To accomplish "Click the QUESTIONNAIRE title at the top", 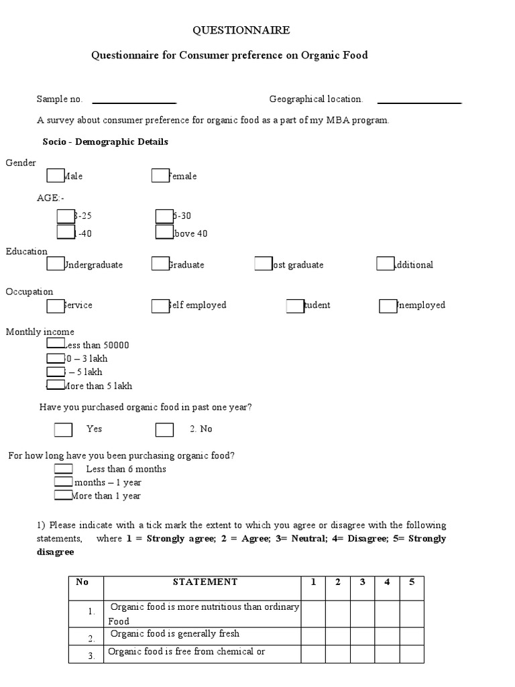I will click(x=241, y=30).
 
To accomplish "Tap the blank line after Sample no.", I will click(x=133, y=102).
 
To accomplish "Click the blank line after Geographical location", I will click(x=420, y=102).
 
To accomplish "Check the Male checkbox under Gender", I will click(x=55, y=176).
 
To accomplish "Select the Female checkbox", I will click(x=160, y=176).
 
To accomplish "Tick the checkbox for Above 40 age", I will click(x=164, y=232).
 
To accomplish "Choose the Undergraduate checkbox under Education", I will click(x=55, y=264).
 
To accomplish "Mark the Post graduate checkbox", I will click(x=263, y=264).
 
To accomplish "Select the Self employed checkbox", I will click(x=160, y=305).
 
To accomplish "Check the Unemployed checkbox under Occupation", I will click(x=388, y=306).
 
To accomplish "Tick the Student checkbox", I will click(x=294, y=306).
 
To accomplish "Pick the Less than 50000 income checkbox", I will click(x=55, y=343).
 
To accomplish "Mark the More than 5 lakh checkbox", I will click(x=55, y=384).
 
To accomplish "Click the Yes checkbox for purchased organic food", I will click(x=63, y=429).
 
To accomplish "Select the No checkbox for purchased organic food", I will click(x=164, y=429).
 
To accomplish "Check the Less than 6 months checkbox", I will click(x=63, y=469).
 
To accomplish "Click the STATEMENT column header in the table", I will click(x=205, y=582).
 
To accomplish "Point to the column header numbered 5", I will click(x=412, y=582).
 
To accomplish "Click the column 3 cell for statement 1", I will click(x=362, y=614).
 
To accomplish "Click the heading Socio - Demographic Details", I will click(x=105, y=142).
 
